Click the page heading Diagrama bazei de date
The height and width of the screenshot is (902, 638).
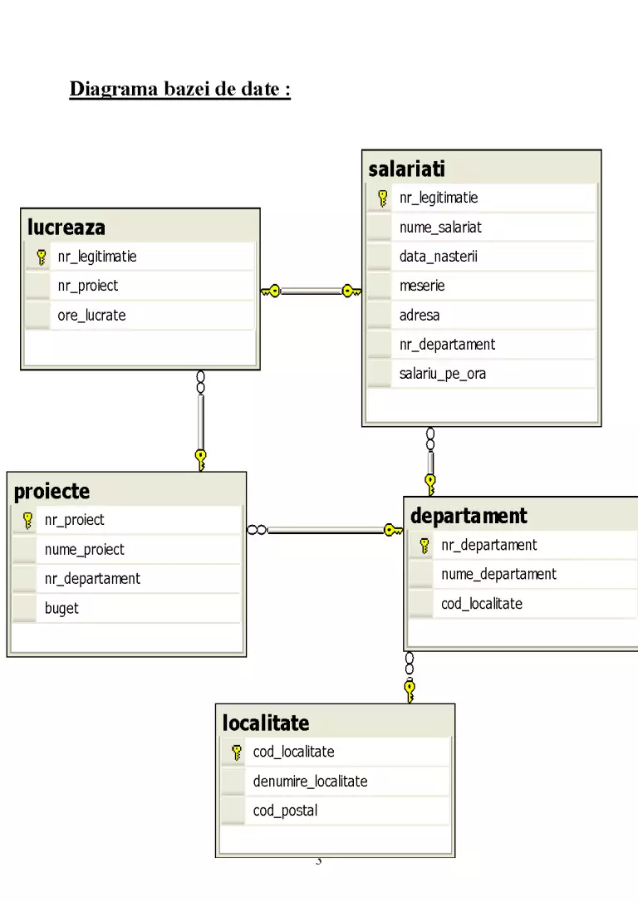[179, 89]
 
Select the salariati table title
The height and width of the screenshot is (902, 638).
[407, 169]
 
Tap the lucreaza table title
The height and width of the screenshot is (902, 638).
[66, 228]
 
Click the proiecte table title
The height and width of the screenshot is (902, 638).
[52, 491]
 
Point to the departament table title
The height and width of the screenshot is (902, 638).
[469, 516]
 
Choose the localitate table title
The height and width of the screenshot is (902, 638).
[266, 723]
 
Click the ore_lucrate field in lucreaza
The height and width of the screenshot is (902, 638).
[91, 316]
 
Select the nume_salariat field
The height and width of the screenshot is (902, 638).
[440, 228]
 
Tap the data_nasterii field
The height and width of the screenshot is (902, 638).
[439, 257]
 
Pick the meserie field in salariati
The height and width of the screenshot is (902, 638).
[422, 286]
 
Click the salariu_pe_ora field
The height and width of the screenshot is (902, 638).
[443, 374]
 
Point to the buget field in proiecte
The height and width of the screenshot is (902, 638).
[61, 609]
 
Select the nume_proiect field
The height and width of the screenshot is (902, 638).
[85, 550]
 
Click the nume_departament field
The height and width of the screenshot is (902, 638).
[498, 574]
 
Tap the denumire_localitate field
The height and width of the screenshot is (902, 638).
[310, 782]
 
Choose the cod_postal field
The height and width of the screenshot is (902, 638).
[285, 811]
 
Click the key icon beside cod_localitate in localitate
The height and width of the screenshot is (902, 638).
[237, 752]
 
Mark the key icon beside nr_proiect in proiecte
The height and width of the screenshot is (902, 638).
[27, 521]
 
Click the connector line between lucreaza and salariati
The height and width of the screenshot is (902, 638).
[311, 291]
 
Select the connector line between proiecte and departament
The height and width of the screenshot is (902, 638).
[325, 530]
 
